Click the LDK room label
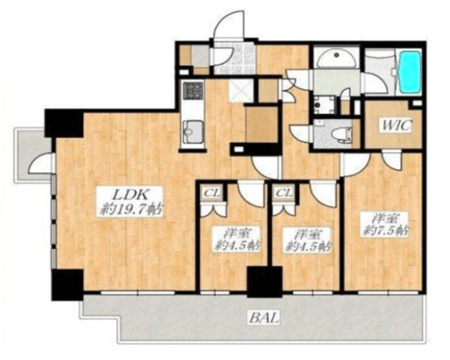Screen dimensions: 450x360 click(130, 195)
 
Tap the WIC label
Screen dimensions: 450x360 click(396, 126)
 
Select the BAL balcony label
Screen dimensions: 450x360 click(264, 318)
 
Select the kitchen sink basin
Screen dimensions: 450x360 click(193, 132)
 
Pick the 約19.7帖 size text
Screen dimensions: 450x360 click(130, 209)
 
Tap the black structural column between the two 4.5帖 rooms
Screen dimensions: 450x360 click(264, 282)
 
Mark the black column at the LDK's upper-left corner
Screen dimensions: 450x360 click(64, 123)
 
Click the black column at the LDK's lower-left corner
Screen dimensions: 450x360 click(68, 285)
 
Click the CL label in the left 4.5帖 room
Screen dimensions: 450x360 click(212, 192)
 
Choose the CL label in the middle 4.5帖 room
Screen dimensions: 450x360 click(284, 192)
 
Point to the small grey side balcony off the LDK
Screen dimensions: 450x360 click(33, 155)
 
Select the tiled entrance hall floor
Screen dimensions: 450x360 click(235, 59)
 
